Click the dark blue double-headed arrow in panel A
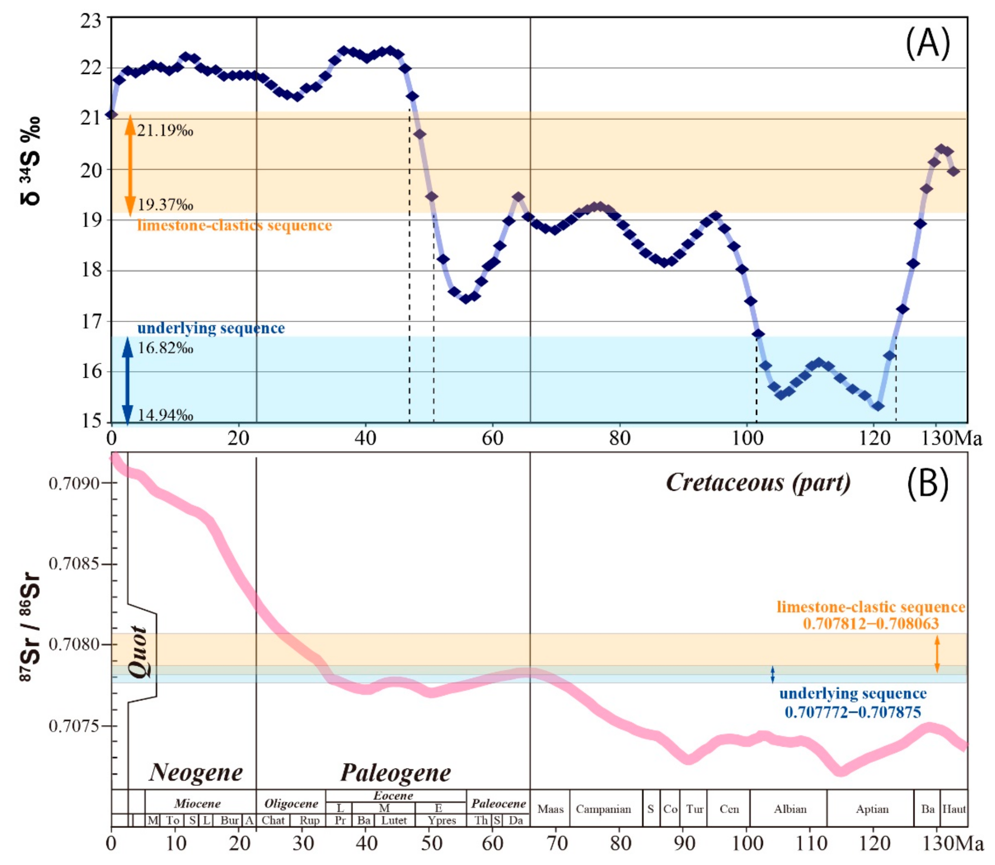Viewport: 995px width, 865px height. click(x=127, y=381)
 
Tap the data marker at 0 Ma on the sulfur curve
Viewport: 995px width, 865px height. click(x=112, y=114)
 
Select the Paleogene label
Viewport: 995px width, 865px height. click(x=396, y=773)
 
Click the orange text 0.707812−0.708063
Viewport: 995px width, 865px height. click(x=871, y=624)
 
